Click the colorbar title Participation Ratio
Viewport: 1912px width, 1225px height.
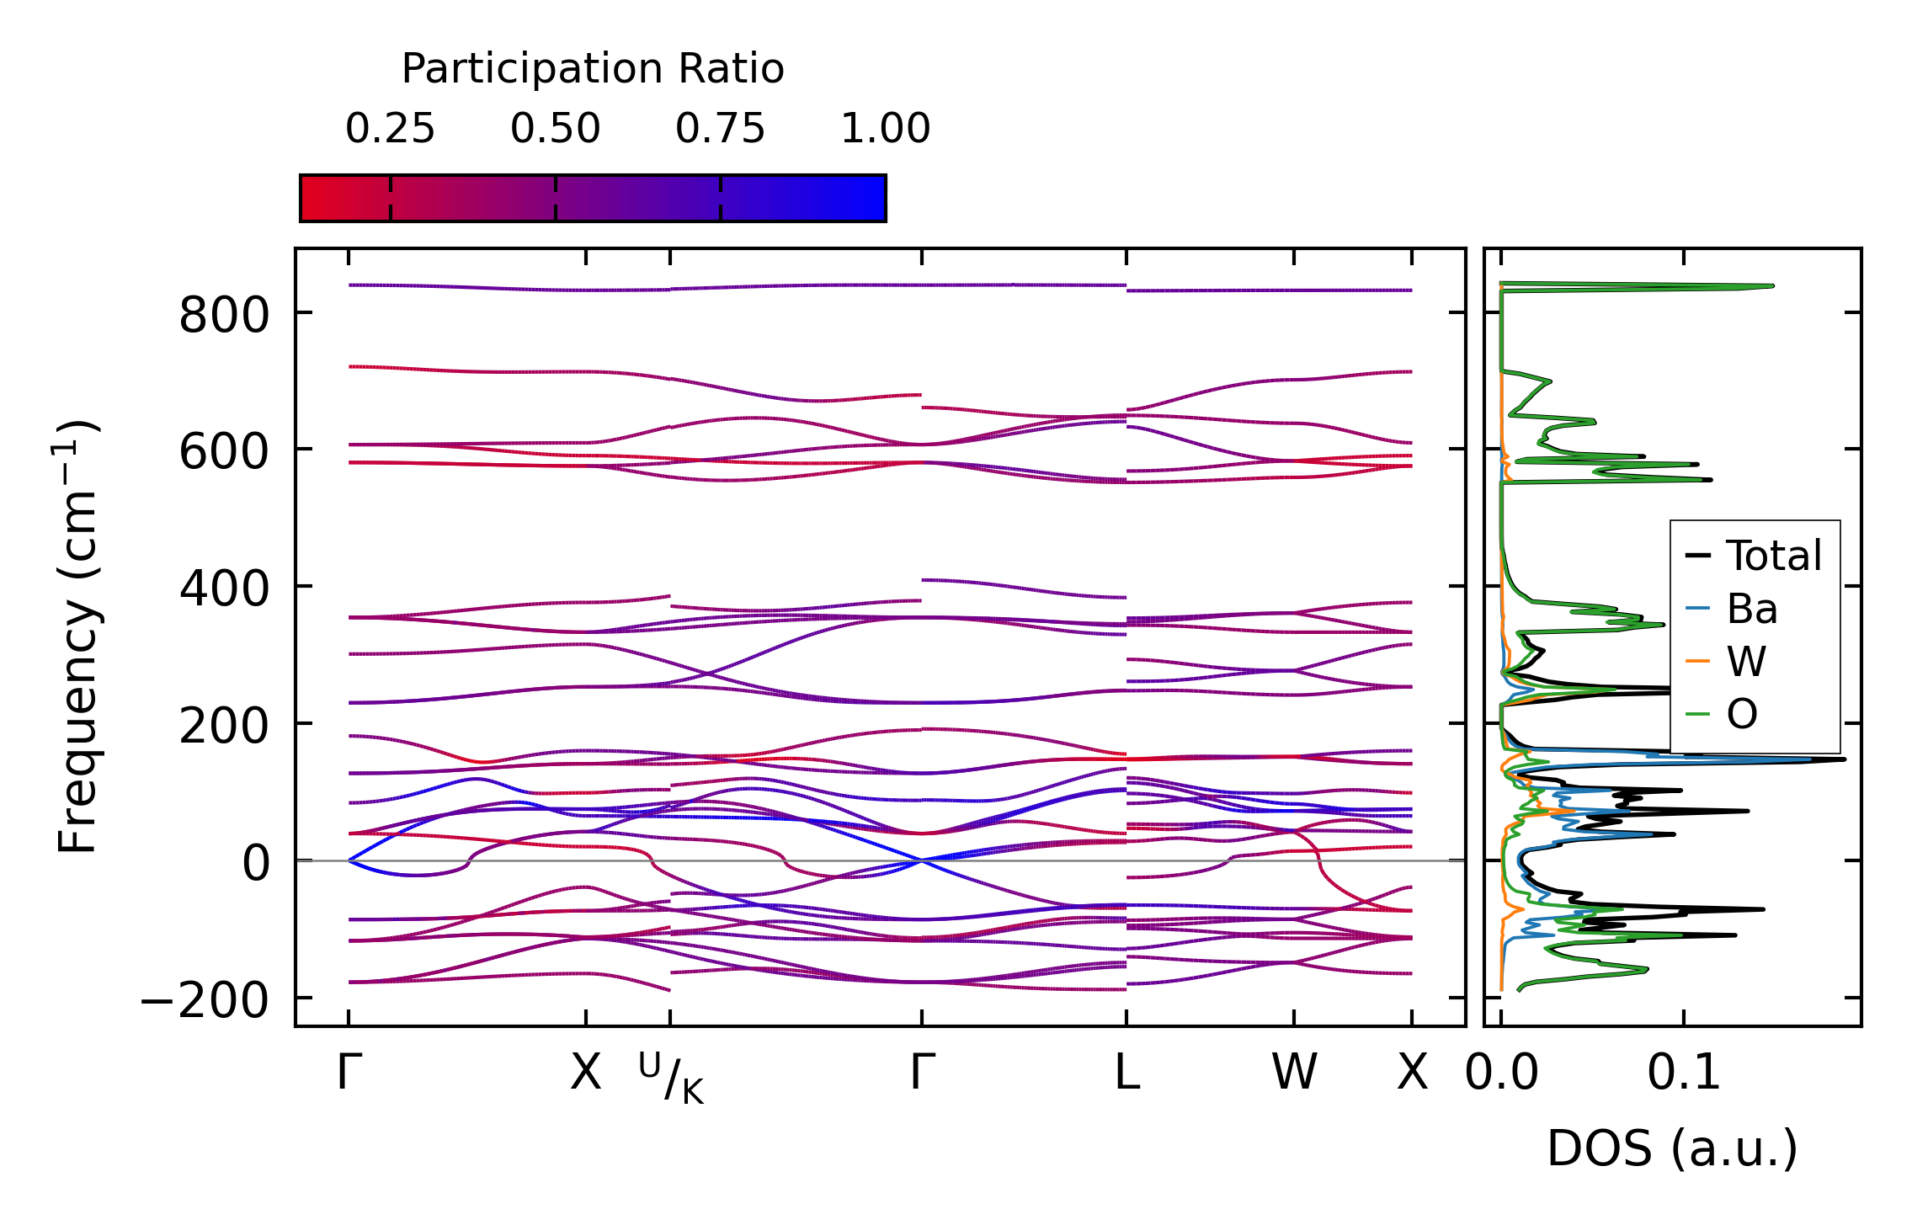click(593, 69)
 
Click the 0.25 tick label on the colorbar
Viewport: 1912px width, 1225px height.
click(390, 129)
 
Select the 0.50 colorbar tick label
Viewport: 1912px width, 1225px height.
click(555, 129)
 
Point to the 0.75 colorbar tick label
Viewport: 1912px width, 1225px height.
click(720, 129)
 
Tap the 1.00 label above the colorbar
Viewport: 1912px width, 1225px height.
click(885, 129)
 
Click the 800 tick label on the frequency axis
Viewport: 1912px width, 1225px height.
click(224, 317)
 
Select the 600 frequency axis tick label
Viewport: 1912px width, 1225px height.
click(224, 453)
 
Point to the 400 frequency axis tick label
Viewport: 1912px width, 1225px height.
click(224, 589)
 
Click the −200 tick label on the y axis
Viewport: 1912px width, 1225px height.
click(204, 1001)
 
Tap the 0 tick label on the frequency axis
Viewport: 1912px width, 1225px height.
click(256, 864)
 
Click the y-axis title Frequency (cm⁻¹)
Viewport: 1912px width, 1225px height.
click(77, 636)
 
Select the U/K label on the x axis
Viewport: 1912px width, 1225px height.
click(671, 1079)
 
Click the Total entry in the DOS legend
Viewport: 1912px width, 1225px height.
click(1773, 556)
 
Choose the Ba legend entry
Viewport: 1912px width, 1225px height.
click(1751, 609)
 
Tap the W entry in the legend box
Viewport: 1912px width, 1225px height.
click(1746, 662)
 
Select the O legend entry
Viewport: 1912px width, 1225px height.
click(1742, 715)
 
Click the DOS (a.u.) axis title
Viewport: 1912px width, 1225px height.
click(1672, 1149)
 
